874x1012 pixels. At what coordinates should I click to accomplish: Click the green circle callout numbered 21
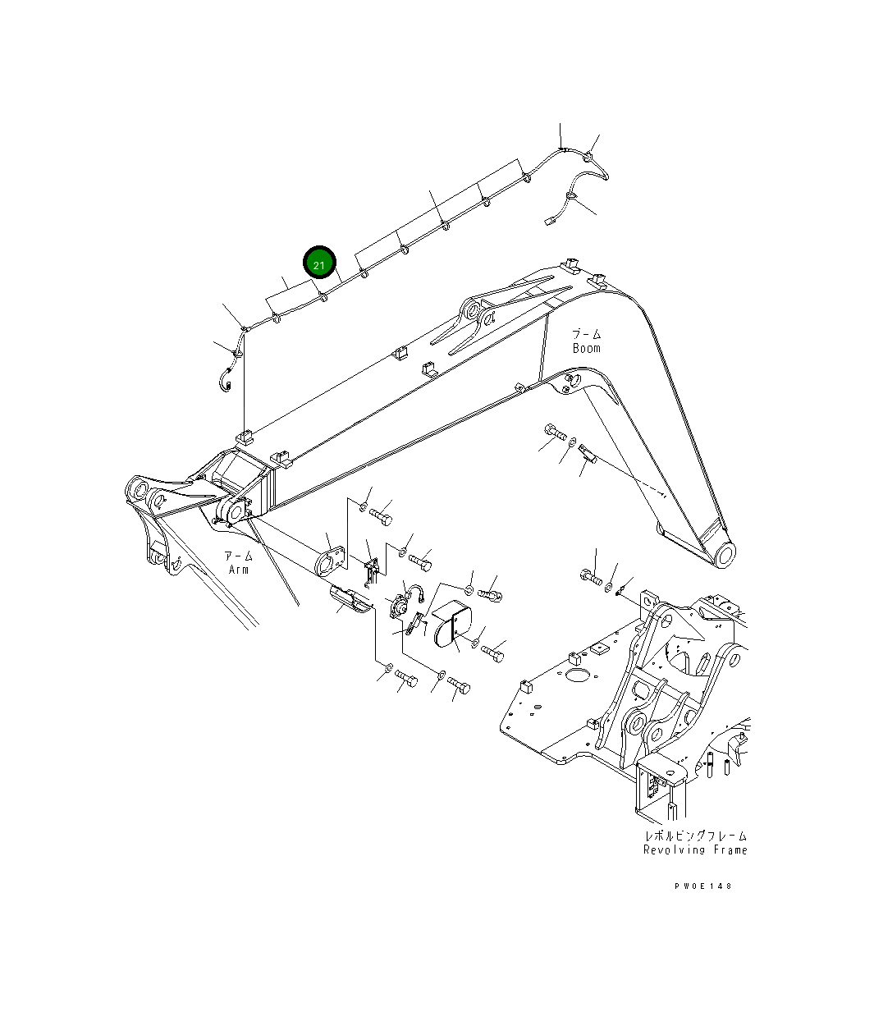(x=319, y=264)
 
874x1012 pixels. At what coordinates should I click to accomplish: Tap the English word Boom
(x=586, y=348)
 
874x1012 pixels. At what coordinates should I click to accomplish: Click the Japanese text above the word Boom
(x=586, y=334)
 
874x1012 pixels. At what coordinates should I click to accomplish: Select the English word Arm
(x=239, y=570)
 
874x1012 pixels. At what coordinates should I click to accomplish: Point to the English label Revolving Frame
(x=695, y=850)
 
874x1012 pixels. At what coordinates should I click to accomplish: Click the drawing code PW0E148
(x=703, y=886)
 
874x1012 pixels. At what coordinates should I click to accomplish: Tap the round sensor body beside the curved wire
(x=400, y=607)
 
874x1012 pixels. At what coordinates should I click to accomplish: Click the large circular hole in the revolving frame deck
(x=579, y=677)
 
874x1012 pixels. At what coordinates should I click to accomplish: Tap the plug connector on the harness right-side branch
(x=549, y=219)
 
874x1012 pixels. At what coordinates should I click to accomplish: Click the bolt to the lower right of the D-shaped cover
(x=492, y=653)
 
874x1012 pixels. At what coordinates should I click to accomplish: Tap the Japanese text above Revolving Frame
(x=695, y=836)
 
